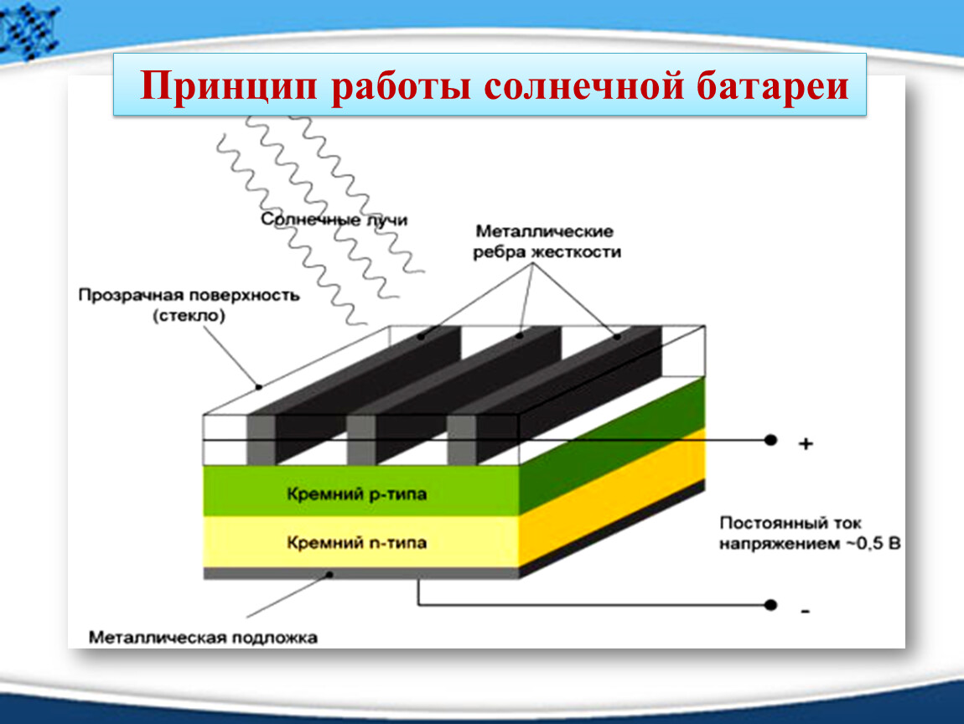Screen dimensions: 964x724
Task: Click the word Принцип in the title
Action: coord(229,85)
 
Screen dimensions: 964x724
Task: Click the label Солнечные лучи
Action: coord(334,220)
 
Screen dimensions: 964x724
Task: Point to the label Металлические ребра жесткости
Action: coord(547,241)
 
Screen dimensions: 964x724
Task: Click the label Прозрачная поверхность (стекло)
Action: coord(189,306)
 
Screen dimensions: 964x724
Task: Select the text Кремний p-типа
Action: coord(356,494)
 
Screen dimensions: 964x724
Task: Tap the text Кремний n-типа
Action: coord(356,543)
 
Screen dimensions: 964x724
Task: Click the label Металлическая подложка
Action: coord(203,638)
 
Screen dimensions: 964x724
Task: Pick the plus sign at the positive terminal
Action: coord(806,443)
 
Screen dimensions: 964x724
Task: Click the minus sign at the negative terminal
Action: coord(806,611)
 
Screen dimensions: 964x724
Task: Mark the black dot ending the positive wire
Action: coord(770,440)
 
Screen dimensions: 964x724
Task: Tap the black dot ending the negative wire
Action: coord(770,605)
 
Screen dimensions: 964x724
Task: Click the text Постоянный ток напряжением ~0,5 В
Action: coord(810,534)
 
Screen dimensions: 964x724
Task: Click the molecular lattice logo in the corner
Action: coord(29,29)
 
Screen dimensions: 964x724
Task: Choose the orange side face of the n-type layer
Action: coord(612,497)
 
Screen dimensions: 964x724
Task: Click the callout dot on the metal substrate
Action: coord(329,575)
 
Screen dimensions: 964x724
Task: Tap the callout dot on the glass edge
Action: coord(259,386)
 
